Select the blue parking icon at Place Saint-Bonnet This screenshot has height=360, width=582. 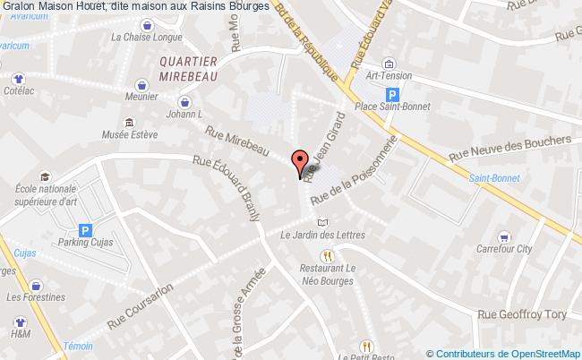390,94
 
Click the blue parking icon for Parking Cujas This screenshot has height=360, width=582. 85,231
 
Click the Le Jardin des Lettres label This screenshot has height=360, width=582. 321,236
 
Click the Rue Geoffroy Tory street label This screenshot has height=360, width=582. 523,314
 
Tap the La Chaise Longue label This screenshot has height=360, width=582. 146,38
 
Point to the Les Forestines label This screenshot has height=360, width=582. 36,297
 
